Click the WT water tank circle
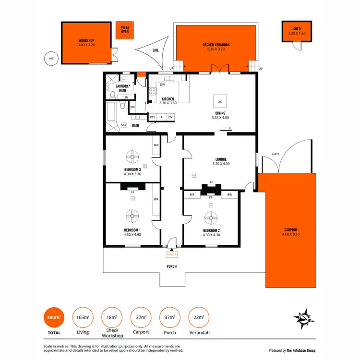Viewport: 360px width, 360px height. [50, 59]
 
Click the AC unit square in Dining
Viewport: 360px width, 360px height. [220, 102]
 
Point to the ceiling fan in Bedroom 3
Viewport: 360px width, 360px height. [132, 157]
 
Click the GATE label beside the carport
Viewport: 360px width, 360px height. [276, 154]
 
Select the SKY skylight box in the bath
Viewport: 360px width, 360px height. [123, 125]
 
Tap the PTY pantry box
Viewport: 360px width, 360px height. [153, 117]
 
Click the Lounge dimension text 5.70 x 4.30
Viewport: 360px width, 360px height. [220, 164]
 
